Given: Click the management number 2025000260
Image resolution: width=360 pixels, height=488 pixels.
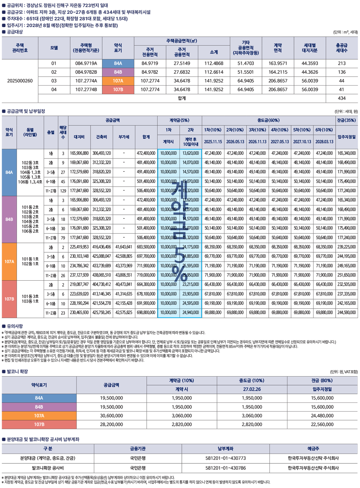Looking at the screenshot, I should click(20, 81).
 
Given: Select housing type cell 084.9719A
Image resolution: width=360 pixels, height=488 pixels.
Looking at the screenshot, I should click(86, 63).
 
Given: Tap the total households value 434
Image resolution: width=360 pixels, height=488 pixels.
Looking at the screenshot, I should click(341, 98).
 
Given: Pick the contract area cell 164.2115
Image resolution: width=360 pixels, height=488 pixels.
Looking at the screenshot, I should click(278, 72).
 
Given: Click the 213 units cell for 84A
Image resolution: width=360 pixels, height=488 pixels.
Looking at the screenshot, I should click(341, 63).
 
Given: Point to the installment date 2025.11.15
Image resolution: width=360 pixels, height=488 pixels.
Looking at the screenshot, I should click(213, 142).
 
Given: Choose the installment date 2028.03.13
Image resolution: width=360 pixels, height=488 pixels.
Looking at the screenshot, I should click(324, 142).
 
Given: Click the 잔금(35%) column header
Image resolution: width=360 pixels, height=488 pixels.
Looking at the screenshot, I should click(346, 120).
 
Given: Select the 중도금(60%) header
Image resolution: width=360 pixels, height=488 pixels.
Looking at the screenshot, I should click(268, 120).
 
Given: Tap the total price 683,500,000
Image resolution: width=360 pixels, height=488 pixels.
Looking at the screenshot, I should click(146, 247).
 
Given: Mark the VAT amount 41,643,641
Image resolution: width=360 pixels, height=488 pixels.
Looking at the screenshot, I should click(124, 247).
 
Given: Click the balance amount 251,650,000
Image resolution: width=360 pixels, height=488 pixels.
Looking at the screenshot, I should click(346, 275).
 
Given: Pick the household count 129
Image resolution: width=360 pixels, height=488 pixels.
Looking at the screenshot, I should click(63, 191).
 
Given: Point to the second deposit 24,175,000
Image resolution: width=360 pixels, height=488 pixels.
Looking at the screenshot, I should click(190, 247).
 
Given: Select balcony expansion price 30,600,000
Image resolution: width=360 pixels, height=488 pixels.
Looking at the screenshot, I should click(111, 416).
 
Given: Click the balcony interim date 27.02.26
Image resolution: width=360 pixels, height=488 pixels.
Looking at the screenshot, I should click(252, 389).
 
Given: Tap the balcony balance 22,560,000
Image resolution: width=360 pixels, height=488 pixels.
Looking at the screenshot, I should click(322, 424).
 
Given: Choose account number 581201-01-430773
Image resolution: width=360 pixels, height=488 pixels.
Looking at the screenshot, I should click(226, 458).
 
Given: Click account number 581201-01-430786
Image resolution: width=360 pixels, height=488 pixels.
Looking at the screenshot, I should click(226, 468).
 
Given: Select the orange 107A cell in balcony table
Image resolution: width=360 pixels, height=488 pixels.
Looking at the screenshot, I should click(39, 416).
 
